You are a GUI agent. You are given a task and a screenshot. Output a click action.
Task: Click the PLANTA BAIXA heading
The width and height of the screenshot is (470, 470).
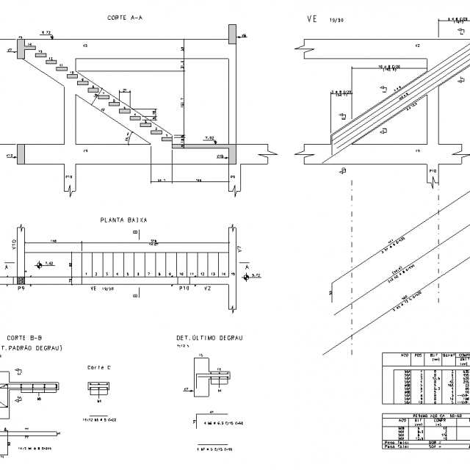point(123,220)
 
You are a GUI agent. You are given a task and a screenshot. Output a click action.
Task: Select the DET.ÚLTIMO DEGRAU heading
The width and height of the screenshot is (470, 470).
point(209,339)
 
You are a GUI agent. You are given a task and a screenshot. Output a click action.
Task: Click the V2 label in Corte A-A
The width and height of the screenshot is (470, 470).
point(85,46)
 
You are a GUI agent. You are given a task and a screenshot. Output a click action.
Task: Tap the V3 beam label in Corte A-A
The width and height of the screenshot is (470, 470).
point(85,151)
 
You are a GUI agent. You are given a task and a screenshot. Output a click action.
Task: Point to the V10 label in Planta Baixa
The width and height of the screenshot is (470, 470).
point(14,245)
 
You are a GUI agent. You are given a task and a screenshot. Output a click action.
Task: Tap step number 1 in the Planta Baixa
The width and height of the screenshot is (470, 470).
point(87,274)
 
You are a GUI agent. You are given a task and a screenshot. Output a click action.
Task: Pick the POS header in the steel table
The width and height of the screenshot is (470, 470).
point(418,355)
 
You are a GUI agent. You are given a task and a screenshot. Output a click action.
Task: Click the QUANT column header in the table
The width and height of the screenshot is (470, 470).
point(452,355)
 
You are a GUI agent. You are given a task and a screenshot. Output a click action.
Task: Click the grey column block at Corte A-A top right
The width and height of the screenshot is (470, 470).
point(232,34)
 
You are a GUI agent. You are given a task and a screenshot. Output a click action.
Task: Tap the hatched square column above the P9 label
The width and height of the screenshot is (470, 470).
point(21,280)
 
